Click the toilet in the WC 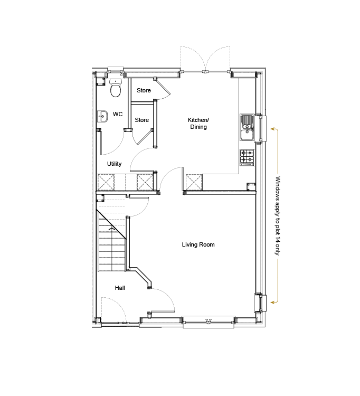pos(116,88)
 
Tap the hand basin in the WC pos(102,117)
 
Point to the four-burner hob pos(247,157)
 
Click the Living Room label pos(198,244)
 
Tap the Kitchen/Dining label pos(198,123)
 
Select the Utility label pos(115,164)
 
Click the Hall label pos(120,288)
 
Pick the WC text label pos(118,114)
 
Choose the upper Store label pos(144,90)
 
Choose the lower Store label pos(141,120)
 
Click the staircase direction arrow pos(111,229)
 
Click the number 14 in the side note pos(278,240)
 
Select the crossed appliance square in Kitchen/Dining pos(194,182)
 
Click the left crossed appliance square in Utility pos(106,182)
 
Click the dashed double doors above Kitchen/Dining pos(205,59)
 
